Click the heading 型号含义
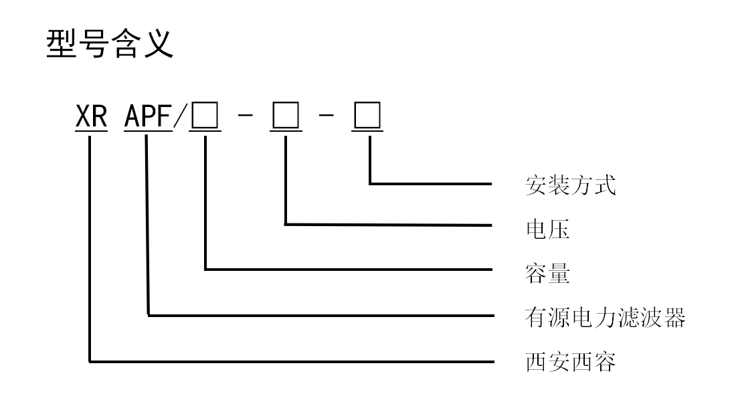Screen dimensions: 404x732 (x=110, y=45)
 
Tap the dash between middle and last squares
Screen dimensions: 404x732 (x=327, y=119)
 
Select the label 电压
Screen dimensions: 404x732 (x=547, y=229)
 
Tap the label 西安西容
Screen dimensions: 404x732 (x=569, y=363)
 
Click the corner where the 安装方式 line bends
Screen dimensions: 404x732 (x=369, y=182)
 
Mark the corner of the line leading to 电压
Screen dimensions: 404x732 (x=286, y=225)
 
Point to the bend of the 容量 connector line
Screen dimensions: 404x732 (x=205, y=269)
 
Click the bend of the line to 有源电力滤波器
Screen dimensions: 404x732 (x=148, y=314)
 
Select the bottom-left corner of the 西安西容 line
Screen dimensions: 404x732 (x=90, y=362)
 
